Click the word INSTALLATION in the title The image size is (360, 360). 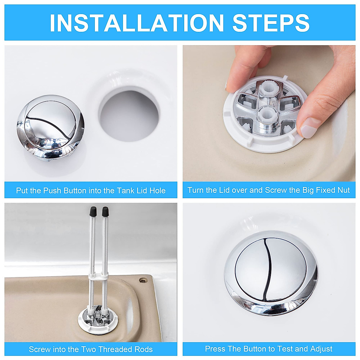pyautogui.click(x=136, y=23)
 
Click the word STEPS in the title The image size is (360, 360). pyautogui.click(x=271, y=23)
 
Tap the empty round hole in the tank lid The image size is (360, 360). pyautogui.click(x=129, y=112)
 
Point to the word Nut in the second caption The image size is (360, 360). pyautogui.click(x=343, y=190)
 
